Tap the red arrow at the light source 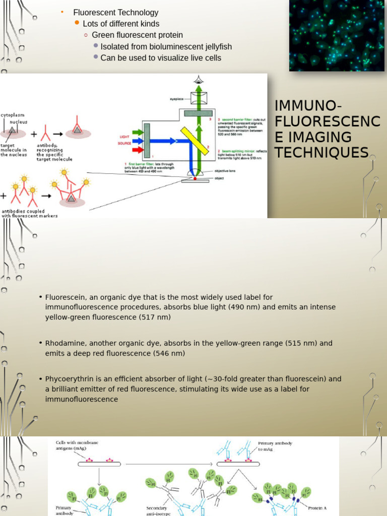pos(138,149)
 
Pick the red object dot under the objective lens pos(195,179)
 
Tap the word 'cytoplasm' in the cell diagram pos(12,115)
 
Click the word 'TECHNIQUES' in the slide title pos(321,152)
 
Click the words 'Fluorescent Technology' pos(116,13)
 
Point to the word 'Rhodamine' pos(61,343)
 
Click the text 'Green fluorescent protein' pos(137,35)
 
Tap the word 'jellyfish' pos(216,47)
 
